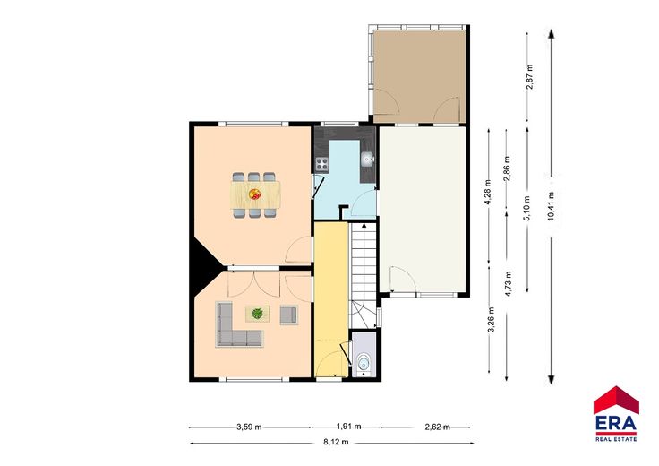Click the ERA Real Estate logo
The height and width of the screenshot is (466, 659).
click(616, 414)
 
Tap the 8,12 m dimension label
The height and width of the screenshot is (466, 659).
click(336, 442)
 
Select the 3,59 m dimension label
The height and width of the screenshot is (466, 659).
click(249, 427)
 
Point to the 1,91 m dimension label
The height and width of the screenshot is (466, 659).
click(349, 427)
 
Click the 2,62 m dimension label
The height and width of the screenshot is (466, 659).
click(438, 427)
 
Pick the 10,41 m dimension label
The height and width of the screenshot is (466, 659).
click(552, 205)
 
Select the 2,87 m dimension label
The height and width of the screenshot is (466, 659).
click(529, 76)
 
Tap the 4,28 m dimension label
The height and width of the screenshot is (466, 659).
click(488, 192)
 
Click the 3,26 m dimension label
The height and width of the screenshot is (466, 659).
click(491, 320)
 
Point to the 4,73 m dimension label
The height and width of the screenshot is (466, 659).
click(509, 284)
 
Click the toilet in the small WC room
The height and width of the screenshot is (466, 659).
click(363, 364)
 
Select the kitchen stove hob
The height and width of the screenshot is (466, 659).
click(322, 164)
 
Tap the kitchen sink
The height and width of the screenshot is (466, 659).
click(367, 158)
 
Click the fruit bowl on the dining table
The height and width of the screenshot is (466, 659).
click(254, 194)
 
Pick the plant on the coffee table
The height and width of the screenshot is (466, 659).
click(257, 314)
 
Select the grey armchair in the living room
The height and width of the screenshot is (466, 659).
click(288, 315)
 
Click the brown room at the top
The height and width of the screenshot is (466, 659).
click(419, 76)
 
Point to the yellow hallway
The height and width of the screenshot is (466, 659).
click(331, 299)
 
